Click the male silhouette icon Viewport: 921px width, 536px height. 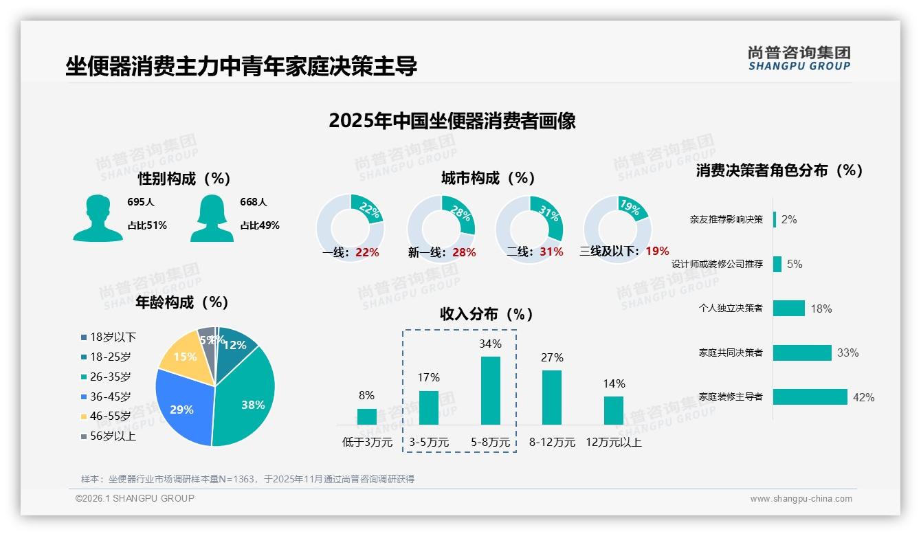[98, 219]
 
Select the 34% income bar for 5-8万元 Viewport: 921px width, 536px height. [490, 390]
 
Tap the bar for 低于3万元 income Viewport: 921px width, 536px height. [366, 416]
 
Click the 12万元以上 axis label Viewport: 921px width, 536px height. [613, 443]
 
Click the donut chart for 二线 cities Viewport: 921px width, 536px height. [529, 228]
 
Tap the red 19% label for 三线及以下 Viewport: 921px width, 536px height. [657, 252]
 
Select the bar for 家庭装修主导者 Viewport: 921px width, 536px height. [810, 397]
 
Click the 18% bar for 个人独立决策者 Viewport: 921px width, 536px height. [788, 309]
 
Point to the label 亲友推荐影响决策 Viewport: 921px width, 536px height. [726, 220]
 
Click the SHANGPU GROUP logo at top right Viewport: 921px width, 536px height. [799, 58]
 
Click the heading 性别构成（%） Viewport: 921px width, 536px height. [184, 179]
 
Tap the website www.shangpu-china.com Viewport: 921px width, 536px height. [801, 499]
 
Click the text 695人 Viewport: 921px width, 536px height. [141, 202]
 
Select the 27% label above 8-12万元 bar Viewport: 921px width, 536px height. [552, 357]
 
